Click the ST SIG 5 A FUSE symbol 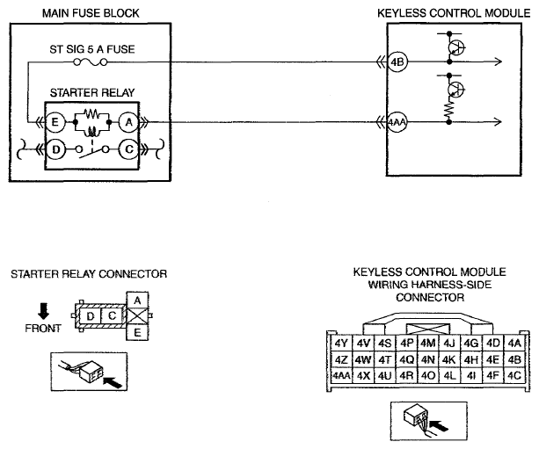91,62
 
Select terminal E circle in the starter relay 55,122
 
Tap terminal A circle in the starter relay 129,122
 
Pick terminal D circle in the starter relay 55,149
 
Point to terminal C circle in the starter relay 129,149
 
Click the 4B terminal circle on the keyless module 397,62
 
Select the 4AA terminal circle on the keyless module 397,122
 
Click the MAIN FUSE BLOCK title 91,13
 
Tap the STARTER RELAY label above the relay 92,93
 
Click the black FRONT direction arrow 43,310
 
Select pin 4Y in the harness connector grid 341,344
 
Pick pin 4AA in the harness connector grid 341,375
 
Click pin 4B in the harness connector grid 514,359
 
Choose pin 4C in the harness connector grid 514,375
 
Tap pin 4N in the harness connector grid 428,359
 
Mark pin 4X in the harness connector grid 363,375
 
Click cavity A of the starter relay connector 137,301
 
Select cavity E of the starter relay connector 137,332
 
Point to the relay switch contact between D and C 92,152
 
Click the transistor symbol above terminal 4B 456,47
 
